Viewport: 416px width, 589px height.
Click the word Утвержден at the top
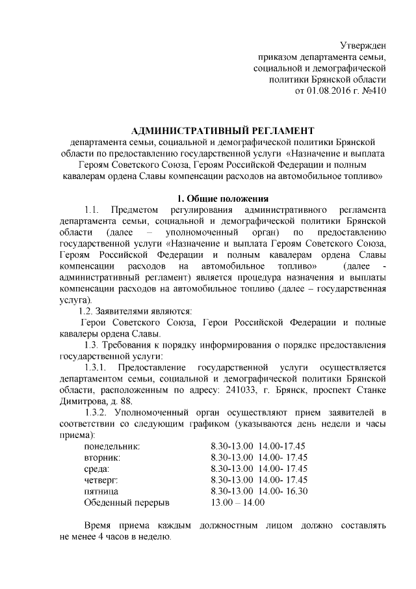tap(363, 45)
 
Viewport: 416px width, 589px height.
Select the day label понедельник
tap(112, 446)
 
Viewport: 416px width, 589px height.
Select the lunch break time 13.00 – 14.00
tap(237, 502)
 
